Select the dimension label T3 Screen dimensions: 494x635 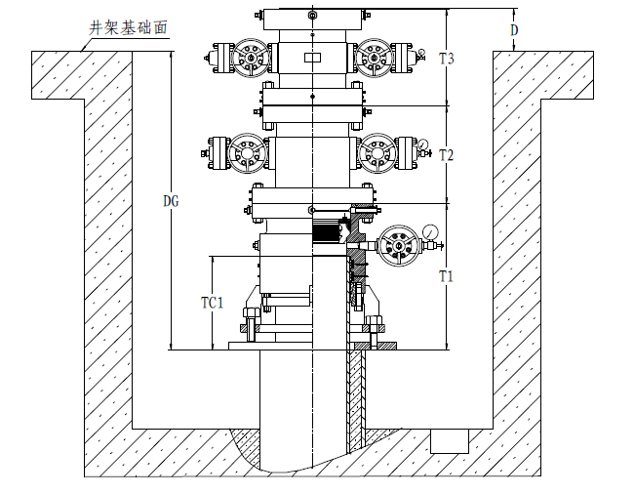click(x=447, y=59)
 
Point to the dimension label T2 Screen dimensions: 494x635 click(x=447, y=155)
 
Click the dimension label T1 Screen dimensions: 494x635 click(x=447, y=276)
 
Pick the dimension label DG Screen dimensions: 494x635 click(x=172, y=201)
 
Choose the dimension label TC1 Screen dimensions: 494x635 click(x=213, y=303)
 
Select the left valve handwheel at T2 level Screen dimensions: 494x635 click(x=245, y=154)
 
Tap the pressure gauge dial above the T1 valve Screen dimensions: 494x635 click(x=430, y=232)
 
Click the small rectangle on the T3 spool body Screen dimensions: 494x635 click(x=311, y=58)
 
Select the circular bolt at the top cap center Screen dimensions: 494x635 click(x=311, y=17)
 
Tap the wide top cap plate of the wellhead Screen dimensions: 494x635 click(x=311, y=17)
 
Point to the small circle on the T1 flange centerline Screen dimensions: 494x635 click(x=311, y=210)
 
